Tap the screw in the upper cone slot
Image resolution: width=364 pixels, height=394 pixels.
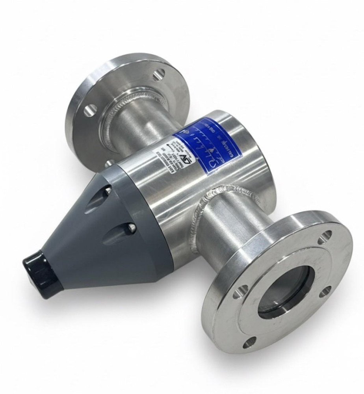pos(108,191)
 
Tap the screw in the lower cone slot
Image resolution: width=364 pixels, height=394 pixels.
pos(132,228)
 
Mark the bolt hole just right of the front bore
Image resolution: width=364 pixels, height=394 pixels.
pos(325,292)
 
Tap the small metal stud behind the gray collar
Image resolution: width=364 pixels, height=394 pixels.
pos(109,163)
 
